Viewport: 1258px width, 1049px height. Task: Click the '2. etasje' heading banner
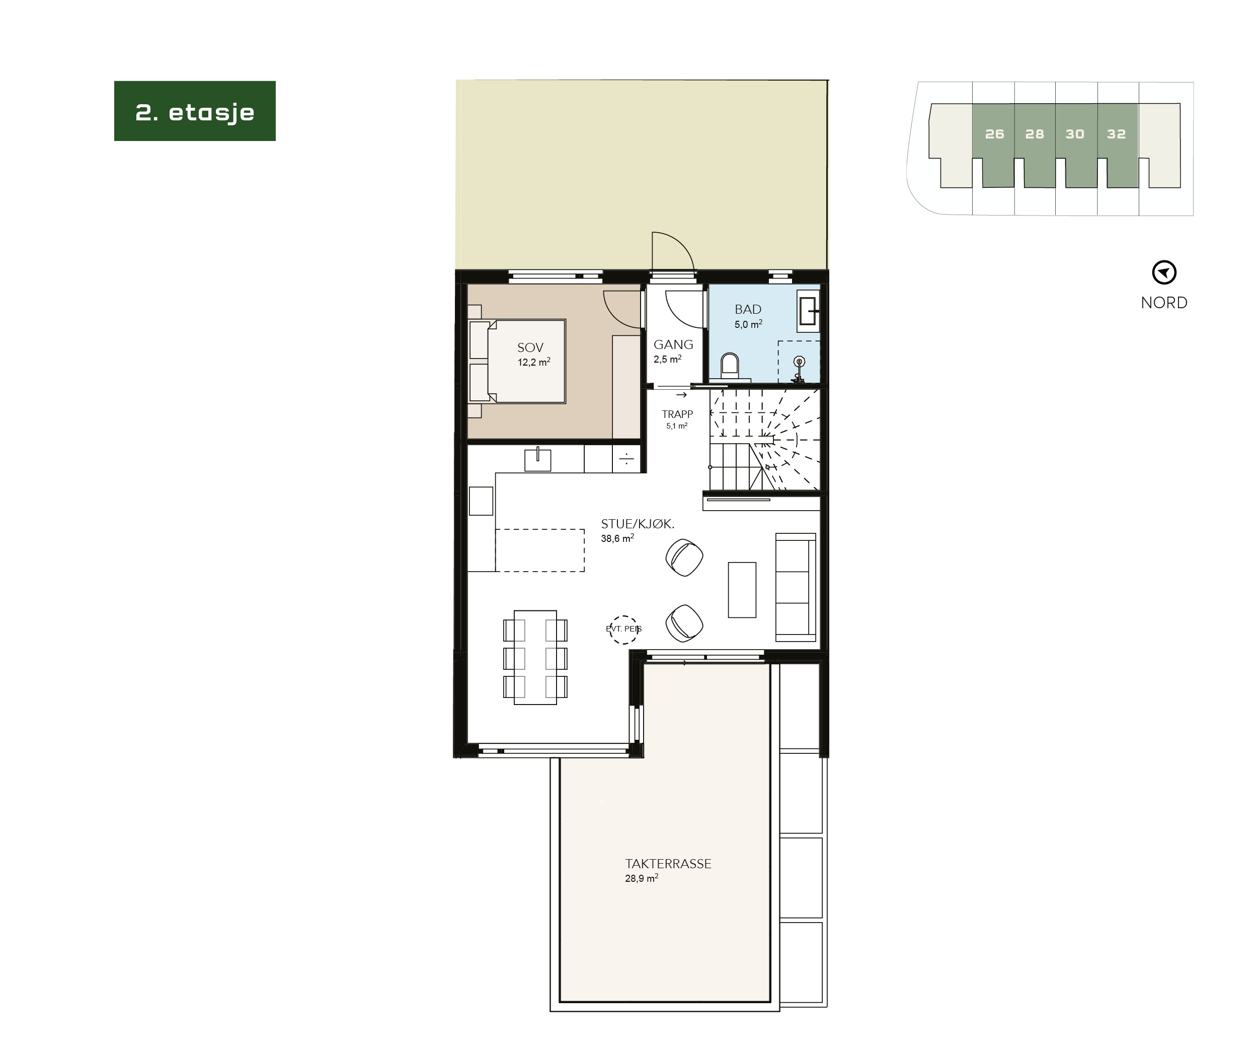click(x=195, y=111)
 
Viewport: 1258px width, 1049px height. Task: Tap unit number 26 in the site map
click(x=994, y=134)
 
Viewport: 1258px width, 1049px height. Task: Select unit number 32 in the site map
click(x=1116, y=134)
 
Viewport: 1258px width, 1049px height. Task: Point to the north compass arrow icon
click(x=1164, y=273)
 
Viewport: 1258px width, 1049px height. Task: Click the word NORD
click(x=1164, y=303)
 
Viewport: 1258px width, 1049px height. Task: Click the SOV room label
click(x=530, y=347)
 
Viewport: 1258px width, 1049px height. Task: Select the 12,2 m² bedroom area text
click(x=534, y=362)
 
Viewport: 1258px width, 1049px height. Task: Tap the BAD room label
click(x=748, y=309)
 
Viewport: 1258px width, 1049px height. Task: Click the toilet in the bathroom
click(x=729, y=366)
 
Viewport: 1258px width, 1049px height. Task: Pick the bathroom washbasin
click(x=808, y=311)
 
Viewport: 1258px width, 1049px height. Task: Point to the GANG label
click(x=673, y=344)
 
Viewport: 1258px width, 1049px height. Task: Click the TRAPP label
click(x=677, y=414)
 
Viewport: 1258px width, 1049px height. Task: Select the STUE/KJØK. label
click(x=638, y=524)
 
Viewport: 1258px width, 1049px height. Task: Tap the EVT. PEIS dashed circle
click(x=623, y=630)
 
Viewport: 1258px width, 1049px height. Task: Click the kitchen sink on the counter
click(x=537, y=460)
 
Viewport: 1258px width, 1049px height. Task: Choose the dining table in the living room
click(x=535, y=657)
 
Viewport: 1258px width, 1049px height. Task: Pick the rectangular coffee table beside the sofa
click(x=742, y=589)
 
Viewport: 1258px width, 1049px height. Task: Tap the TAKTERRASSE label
click(x=668, y=864)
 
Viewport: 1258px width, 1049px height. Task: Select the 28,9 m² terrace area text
click(x=642, y=879)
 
